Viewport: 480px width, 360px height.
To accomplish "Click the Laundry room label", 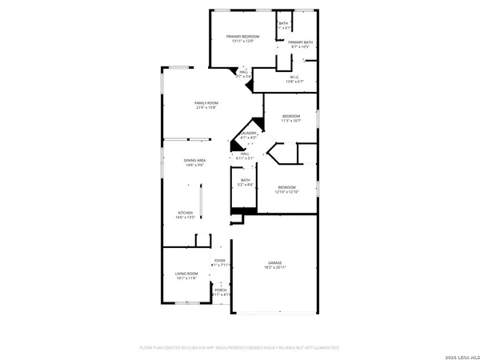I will [248, 134].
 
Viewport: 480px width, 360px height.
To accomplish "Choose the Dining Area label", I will [196, 161].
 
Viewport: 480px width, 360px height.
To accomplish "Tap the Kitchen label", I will [186, 213].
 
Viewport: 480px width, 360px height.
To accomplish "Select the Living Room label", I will [186, 274].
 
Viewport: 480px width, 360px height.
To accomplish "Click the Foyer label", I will [219, 261].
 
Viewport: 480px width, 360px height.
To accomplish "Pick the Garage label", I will [275, 262].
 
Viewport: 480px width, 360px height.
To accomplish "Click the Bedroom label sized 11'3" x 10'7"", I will [291, 117].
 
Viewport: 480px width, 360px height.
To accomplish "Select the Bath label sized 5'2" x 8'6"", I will [247, 181].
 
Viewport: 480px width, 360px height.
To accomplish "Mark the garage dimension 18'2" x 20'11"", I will [275, 267].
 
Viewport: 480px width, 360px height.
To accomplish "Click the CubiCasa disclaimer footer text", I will [240, 348].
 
